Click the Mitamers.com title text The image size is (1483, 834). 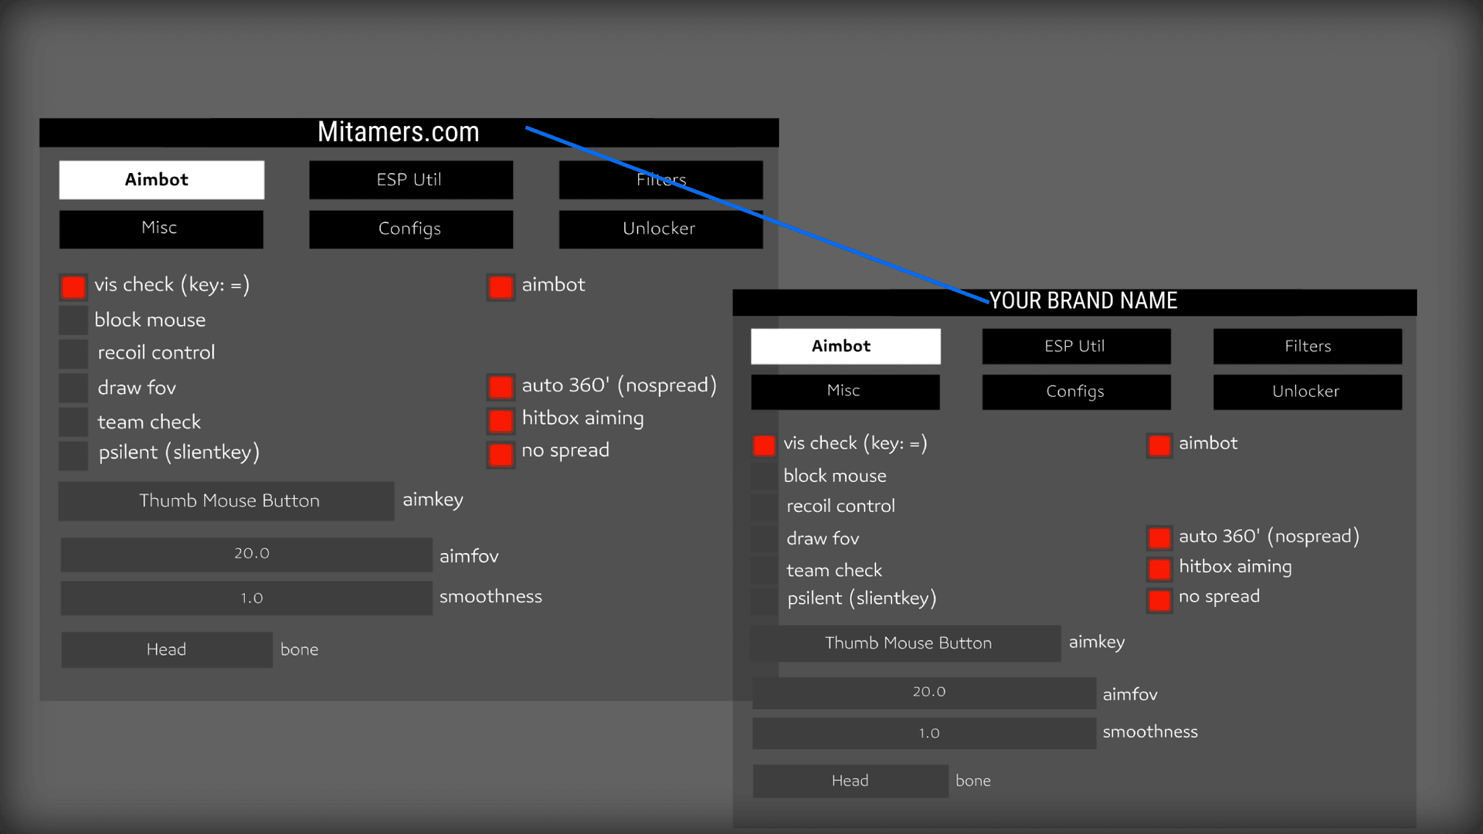click(399, 132)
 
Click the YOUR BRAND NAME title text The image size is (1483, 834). click(1084, 301)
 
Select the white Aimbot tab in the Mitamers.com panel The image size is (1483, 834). click(161, 180)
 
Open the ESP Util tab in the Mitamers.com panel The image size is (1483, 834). click(410, 180)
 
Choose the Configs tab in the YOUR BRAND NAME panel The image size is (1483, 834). click(1076, 392)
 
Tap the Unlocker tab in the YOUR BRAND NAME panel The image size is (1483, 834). click(1307, 392)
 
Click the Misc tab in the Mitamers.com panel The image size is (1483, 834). click(161, 229)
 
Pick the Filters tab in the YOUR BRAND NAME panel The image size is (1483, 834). click(1307, 346)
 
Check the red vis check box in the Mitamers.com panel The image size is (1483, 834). click(73, 287)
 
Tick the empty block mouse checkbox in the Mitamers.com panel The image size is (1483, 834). click(73, 320)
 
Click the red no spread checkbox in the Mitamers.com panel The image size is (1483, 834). click(501, 454)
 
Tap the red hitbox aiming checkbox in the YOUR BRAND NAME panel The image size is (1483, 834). click(1159, 570)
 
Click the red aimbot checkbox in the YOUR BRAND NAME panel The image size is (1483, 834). click(1159, 446)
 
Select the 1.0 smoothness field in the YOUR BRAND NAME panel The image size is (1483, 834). click(924, 734)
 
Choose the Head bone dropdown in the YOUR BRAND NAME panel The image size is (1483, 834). click(850, 781)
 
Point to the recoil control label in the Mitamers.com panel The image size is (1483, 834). click(156, 353)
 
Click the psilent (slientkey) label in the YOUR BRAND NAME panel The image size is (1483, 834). click(861, 598)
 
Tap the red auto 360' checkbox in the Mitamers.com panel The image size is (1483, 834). click(501, 386)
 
